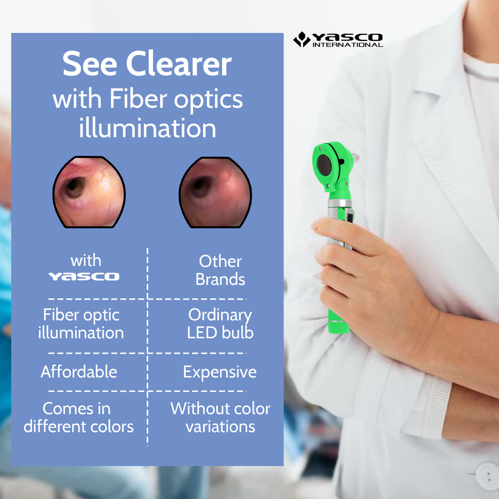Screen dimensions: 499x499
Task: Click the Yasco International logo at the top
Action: click(x=338, y=39)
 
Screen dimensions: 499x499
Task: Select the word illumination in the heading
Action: click(x=147, y=129)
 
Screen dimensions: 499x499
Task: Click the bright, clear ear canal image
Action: click(x=89, y=192)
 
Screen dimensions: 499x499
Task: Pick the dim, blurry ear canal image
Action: click(x=215, y=192)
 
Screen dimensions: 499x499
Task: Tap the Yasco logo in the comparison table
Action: click(x=83, y=276)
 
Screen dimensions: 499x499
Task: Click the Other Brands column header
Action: click(x=220, y=270)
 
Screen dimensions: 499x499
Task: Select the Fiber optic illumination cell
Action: click(x=81, y=324)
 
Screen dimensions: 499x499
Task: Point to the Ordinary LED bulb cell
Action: click(x=220, y=324)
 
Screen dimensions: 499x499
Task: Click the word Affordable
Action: click(x=79, y=372)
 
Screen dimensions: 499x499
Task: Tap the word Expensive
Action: click(x=220, y=372)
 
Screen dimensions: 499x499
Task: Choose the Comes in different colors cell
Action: click(x=78, y=418)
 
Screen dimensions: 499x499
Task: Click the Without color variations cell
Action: click(x=220, y=418)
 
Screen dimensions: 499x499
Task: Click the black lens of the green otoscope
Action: click(x=325, y=166)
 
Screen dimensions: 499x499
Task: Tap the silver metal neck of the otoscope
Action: click(x=340, y=203)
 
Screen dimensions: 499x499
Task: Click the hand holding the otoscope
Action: click(x=361, y=273)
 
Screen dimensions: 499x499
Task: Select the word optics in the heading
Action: click(x=211, y=100)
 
